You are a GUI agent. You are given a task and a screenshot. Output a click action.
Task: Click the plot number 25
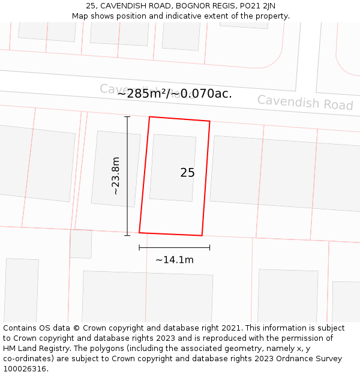187,173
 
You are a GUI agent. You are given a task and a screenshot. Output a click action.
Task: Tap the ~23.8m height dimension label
116,176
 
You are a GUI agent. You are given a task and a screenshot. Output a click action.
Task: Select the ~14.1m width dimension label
175,260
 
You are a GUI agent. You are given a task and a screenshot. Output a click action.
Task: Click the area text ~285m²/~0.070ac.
175,94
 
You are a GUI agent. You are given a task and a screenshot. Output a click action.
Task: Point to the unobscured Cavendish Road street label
305,103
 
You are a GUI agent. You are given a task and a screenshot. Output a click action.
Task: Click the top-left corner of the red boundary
149,117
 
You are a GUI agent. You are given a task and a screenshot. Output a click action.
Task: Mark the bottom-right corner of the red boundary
202,235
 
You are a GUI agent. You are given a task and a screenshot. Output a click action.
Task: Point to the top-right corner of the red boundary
209,122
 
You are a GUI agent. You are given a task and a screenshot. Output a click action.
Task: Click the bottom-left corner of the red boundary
139,232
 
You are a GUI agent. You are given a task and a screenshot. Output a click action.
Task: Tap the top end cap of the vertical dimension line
127,117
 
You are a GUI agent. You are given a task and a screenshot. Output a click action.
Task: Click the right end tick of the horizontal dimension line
209,247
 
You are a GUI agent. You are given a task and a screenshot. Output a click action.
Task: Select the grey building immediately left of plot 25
116,169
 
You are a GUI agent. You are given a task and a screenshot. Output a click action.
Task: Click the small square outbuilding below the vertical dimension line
80,244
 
